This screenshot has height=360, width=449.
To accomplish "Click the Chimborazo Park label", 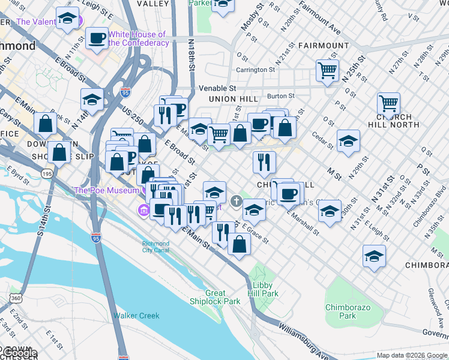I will click(x=340, y=311).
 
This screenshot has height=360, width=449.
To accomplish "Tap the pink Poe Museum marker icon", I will click(x=144, y=211).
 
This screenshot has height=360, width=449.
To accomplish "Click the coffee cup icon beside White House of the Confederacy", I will click(x=97, y=39).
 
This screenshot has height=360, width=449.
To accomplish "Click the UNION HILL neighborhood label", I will click(x=233, y=98).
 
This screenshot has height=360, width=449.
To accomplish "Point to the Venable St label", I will click(x=219, y=88).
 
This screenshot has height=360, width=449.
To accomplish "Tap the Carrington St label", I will click(x=255, y=70).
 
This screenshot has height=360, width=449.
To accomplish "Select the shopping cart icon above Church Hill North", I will click(x=388, y=103).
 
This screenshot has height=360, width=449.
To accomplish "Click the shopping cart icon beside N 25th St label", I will click(x=327, y=70).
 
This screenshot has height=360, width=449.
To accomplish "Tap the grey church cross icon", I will click(x=237, y=200).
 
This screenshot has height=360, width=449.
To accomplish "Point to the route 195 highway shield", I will click(x=46, y=173).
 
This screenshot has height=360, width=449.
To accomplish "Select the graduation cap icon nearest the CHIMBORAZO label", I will click(x=374, y=256).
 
